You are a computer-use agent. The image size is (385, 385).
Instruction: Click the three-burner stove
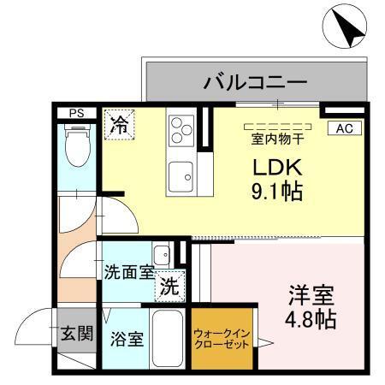coord(181,131)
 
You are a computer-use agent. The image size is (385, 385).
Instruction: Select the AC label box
coord(345,128)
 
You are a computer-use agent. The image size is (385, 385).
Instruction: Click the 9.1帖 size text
coord(274,191)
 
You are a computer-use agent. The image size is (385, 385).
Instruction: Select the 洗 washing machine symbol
coord(169,287)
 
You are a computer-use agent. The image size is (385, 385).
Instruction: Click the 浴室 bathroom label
coord(127,337)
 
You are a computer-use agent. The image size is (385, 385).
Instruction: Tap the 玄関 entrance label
coord(76,333)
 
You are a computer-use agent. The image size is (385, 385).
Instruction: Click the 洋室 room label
coord(310,294)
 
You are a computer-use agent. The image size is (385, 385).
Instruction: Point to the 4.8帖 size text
coord(309,321)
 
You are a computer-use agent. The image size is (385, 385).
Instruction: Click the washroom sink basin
coord(161,254)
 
